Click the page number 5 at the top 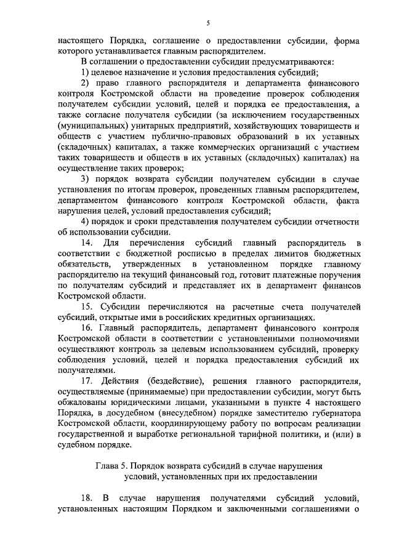(x=207, y=23)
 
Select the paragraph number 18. (x=87, y=497)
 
